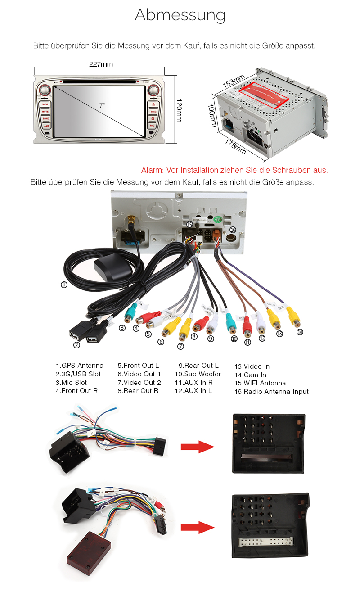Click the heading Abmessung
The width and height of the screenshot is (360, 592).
click(180, 15)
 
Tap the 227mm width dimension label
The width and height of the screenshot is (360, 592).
click(101, 64)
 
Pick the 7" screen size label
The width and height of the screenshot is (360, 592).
click(103, 105)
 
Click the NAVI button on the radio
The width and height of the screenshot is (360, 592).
click(45, 104)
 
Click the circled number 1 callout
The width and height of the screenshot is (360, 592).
click(64, 285)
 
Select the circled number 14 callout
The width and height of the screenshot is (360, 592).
click(300, 332)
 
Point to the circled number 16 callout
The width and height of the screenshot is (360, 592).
click(233, 230)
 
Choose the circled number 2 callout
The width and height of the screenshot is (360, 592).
click(76, 345)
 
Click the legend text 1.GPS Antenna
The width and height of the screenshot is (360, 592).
click(80, 366)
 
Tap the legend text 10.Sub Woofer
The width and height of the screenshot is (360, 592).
click(198, 374)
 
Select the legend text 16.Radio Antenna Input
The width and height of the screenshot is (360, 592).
click(272, 392)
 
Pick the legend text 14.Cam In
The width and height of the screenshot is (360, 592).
click(251, 375)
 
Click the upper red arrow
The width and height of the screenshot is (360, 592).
click(197, 447)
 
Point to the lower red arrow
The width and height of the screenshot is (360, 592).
click(197, 528)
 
